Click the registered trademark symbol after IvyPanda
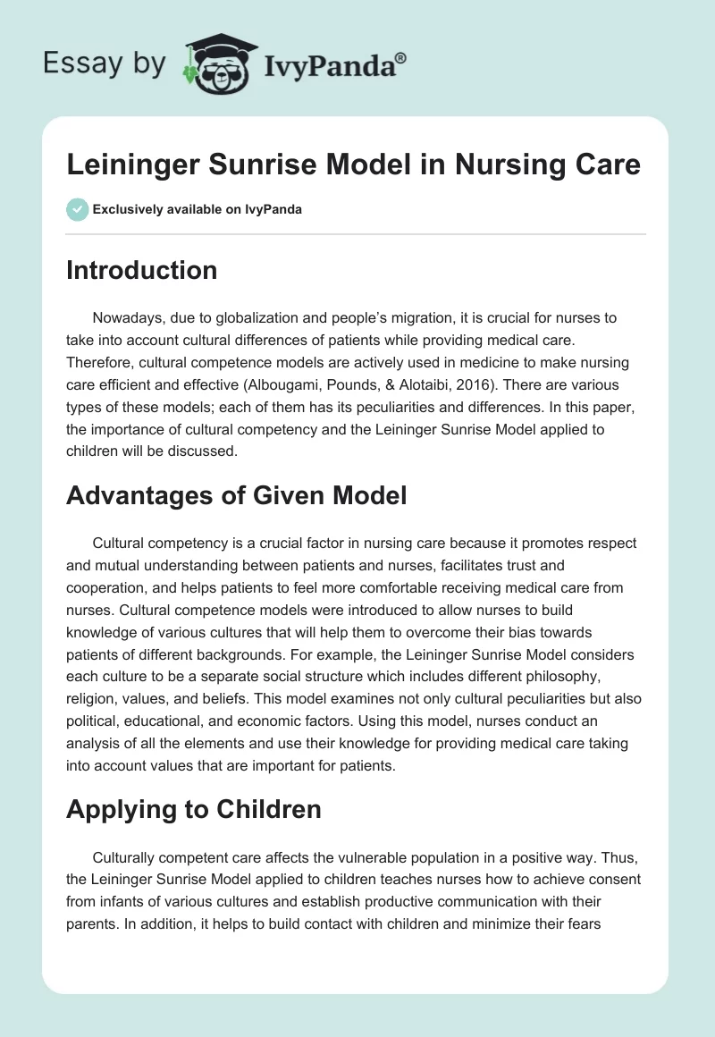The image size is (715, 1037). (401, 57)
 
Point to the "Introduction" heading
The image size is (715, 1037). (141, 270)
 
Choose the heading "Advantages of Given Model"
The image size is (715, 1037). (236, 494)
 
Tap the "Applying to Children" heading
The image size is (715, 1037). (193, 809)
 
